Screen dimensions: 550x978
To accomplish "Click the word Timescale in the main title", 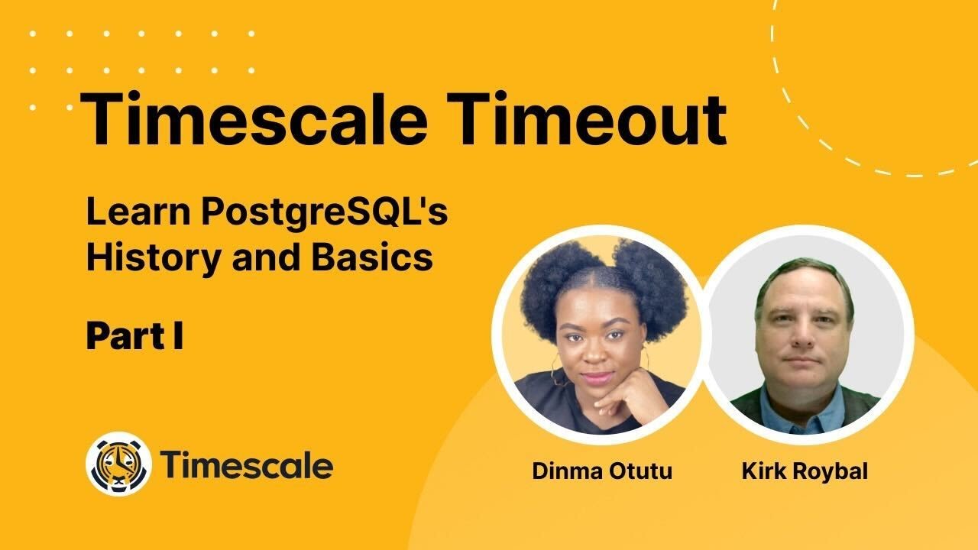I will tap(252, 118).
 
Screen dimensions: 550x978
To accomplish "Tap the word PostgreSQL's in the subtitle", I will tap(325, 214).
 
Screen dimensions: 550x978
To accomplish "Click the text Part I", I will tap(134, 337).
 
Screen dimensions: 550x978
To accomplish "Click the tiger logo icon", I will tap(118, 464).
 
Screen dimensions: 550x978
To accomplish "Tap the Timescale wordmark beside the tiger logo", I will tap(246, 464).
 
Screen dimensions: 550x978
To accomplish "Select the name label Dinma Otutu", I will tap(602, 471).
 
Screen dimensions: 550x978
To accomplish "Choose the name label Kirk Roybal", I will tap(805, 471).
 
